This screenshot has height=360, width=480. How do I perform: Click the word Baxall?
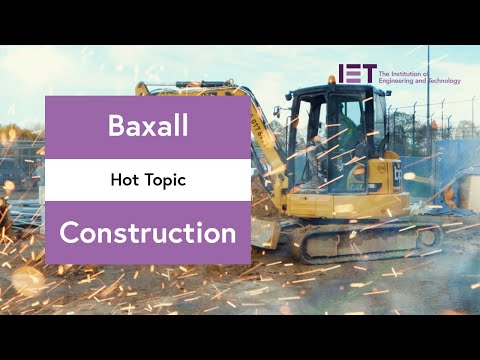click(147, 127)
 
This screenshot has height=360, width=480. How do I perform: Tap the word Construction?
click(147, 233)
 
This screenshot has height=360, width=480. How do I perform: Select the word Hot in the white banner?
click(125, 180)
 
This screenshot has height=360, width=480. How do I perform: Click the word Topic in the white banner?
click(165, 180)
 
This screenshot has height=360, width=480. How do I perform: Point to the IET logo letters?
click(357, 74)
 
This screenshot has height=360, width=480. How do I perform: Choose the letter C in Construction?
click(70, 233)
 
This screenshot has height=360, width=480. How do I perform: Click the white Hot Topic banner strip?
click(147, 180)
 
